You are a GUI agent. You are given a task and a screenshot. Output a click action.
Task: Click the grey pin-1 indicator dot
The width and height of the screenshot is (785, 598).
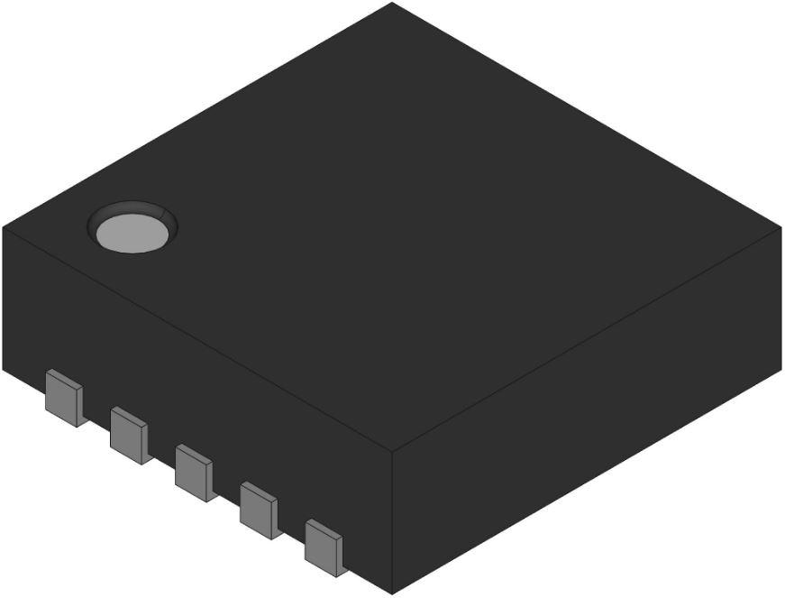click(x=132, y=232)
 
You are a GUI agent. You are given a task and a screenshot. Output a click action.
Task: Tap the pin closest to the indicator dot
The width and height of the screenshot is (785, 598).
click(x=65, y=397)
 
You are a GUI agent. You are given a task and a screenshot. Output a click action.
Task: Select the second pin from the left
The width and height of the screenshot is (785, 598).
click(x=130, y=434)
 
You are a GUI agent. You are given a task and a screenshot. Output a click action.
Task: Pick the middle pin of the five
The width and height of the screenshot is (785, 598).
click(x=195, y=472)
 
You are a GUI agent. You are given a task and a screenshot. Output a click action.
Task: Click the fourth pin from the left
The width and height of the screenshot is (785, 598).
click(x=260, y=511)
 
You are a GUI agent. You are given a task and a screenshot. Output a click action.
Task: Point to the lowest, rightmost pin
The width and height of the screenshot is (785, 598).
click(x=324, y=547)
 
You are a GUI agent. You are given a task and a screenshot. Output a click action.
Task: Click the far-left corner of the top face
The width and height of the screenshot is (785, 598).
click(x=4, y=226)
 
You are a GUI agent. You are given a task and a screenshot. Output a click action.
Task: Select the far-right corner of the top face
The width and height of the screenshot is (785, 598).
click(x=780, y=226)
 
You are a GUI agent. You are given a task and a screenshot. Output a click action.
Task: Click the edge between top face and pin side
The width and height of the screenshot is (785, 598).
click(x=198, y=337)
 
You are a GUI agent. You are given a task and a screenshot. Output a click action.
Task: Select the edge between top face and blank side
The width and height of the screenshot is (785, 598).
click(x=586, y=338)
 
